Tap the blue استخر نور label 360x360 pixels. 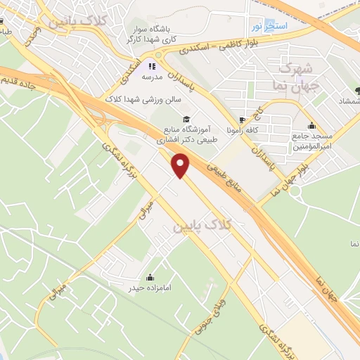[265, 26]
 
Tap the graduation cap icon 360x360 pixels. [186, 119]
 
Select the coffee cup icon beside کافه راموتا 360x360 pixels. [243, 120]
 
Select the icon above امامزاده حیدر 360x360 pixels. [150, 276]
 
